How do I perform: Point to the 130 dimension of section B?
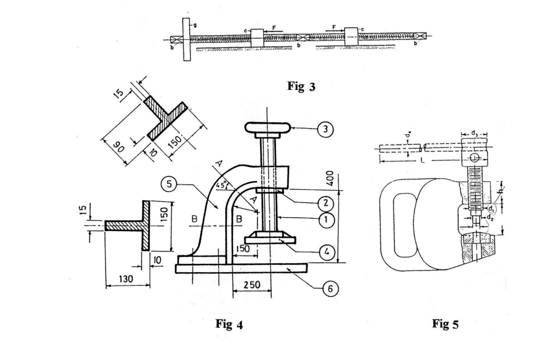click(127, 279)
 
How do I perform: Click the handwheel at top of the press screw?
click(267, 128)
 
